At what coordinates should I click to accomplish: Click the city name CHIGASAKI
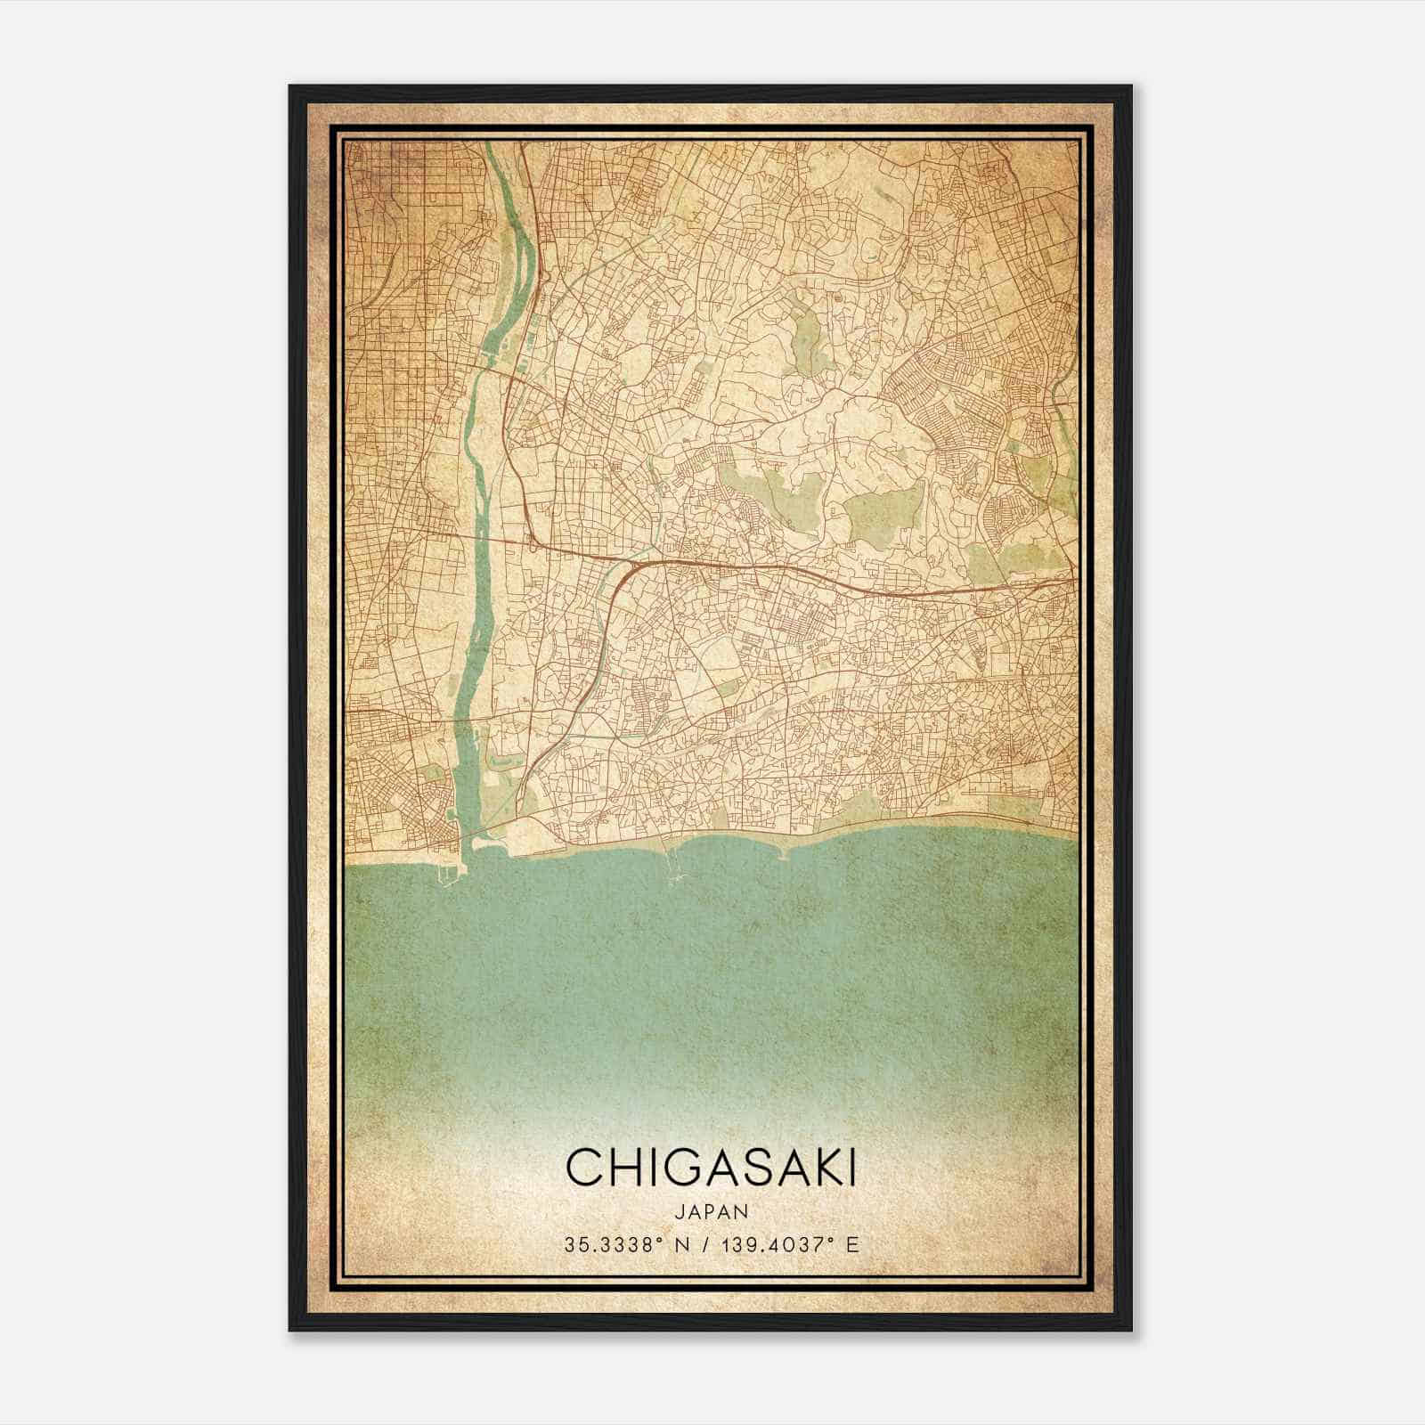point(710,1168)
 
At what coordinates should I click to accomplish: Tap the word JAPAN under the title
point(710,1211)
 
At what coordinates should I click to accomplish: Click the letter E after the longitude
point(852,1245)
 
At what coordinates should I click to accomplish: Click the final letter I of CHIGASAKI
point(851,1168)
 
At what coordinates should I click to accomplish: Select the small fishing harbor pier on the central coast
point(673,866)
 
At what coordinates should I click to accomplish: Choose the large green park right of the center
point(882,512)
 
